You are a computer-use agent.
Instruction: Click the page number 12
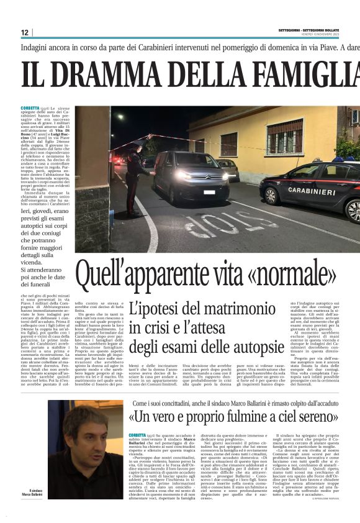[24, 32]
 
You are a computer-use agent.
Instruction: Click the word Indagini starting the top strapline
[37, 47]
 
